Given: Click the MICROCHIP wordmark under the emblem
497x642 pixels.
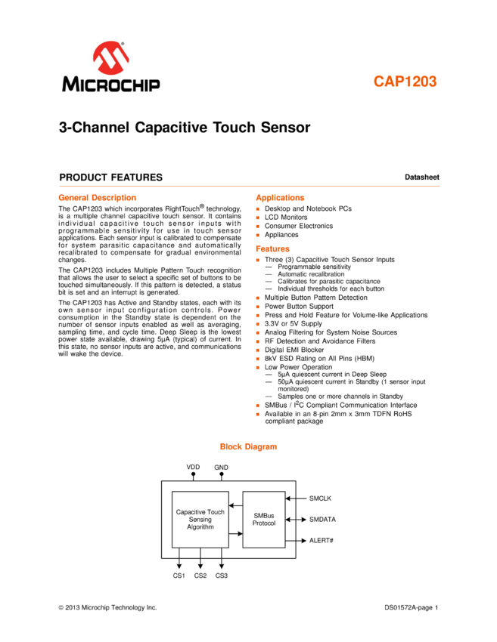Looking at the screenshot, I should coord(111,84).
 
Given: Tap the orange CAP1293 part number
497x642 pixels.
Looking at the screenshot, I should coord(405,82).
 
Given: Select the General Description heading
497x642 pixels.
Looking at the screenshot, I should coord(97,198).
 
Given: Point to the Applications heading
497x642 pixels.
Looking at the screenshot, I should coord(280,198).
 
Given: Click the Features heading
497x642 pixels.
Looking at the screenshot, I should coord(272,248).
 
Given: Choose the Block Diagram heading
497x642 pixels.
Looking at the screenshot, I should coord(248,446).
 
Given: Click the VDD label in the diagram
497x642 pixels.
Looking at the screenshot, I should coord(193,468).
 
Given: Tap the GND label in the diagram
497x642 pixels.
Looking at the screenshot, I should coord(221,468).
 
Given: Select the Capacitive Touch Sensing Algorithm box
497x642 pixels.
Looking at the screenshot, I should coord(200,519).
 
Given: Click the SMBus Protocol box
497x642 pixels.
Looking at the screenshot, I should coord(264,519).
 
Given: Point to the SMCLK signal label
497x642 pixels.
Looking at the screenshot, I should coord(320,498).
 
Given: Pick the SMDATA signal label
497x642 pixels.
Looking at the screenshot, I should coord(322,520).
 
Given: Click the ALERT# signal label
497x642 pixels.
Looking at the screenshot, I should coord(321,541).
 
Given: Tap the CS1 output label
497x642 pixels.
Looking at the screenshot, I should coord(179,576).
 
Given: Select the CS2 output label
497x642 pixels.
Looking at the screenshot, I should coord(200,576).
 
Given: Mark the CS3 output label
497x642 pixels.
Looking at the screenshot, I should coord(221,576).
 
